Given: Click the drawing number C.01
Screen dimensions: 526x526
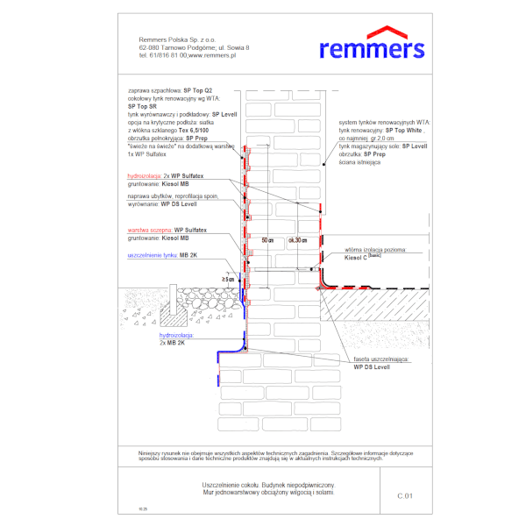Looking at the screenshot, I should pos(404,495).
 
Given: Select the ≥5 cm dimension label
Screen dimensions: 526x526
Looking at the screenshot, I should pos(228,279).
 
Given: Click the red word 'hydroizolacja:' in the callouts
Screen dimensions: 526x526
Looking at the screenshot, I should pos(145,176).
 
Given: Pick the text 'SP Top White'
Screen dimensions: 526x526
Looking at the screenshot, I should pos(403,129).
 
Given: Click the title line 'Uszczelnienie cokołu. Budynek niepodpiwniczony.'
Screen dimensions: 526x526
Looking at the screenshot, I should pos(268,484).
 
